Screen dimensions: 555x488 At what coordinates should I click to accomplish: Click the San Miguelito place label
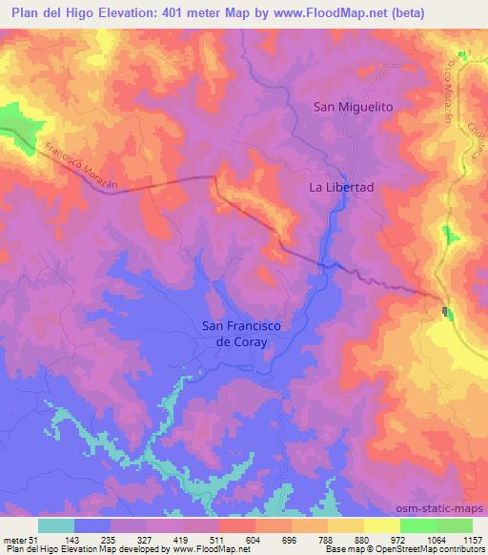click(354, 108)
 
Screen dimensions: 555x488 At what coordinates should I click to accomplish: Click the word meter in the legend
click(17, 539)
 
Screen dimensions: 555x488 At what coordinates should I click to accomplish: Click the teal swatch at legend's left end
click(55, 525)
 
